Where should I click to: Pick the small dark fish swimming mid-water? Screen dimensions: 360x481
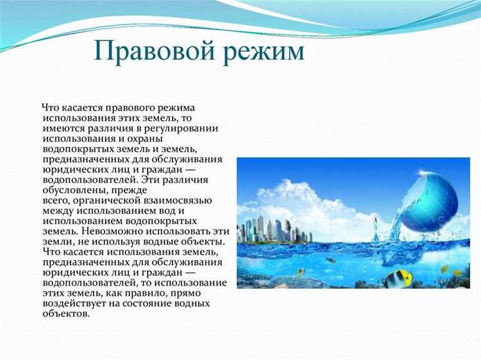tap(332, 261)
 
